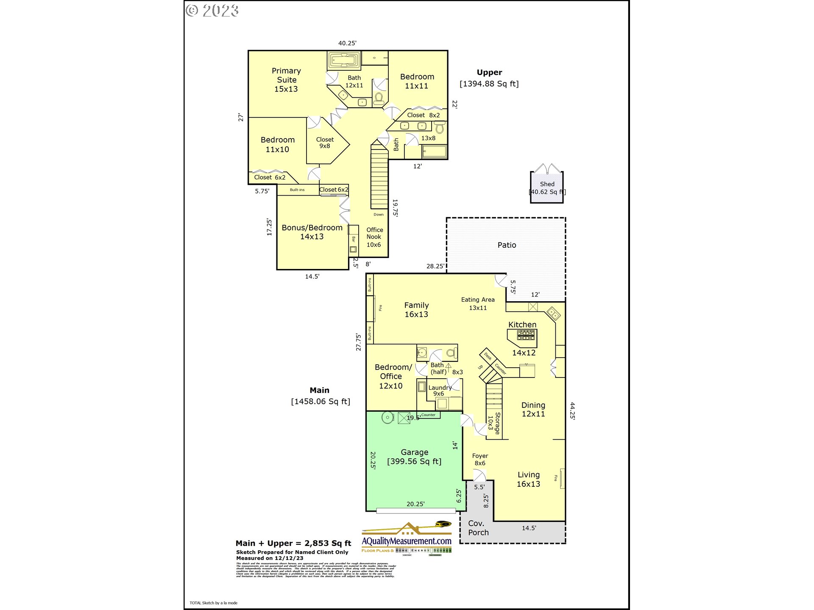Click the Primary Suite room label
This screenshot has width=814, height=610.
pyautogui.click(x=286, y=80)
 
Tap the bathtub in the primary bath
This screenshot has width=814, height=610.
pyautogui.click(x=344, y=60)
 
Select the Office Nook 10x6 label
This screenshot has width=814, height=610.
pyautogui.click(x=374, y=237)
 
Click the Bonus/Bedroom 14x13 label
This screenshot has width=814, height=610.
pyautogui.click(x=312, y=232)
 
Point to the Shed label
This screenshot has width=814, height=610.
pyautogui.click(x=547, y=184)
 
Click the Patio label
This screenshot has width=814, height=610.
pyautogui.click(x=507, y=245)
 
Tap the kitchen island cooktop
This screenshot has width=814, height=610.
pyautogui.click(x=526, y=336)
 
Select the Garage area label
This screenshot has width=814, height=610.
pyautogui.click(x=414, y=457)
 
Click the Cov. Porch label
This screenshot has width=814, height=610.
pyautogui.click(x=478, y=528)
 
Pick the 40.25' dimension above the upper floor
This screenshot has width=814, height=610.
pyautogui.click(x=347, y=43)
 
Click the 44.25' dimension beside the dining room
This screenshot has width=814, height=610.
pyautogui.click(x=572, y=411)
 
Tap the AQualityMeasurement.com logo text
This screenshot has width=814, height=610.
pyautogui.click(x=406, y=541)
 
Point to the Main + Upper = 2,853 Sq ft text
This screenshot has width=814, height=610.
pyautogui.click(x=293, y=543)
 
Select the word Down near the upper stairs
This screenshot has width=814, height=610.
pyautogui.click(x=379, y=214)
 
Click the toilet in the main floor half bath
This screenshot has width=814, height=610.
pyautogui.click(x=452, y=352)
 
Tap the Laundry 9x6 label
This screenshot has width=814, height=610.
pyautogui.click(x=440, y=391)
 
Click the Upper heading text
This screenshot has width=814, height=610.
pyautogui.click(x=489, y=72)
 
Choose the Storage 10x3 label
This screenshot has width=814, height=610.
pyautogui.click(x=494, y=423)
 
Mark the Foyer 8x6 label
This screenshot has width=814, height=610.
pyautogui.click(x=480, y=460)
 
